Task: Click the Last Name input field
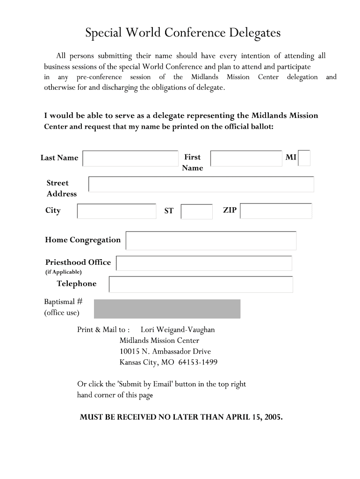coord(130,158)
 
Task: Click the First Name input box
coord(246,158)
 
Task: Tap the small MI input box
coord(304,158)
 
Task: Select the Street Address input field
coord(201,184)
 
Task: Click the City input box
coord(116,211)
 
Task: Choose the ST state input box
coord(196,211)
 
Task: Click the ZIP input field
coord(276,211)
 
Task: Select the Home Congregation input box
coord(211,240)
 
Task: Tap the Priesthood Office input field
coord(204,263)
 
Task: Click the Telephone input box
coord(201,284)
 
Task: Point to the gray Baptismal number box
coord(167,309)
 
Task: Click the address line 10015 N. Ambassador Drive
coord(165,351)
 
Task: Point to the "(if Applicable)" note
coord(63,272)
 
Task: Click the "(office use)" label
coord(62,313)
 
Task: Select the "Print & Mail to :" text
coord(103,330)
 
